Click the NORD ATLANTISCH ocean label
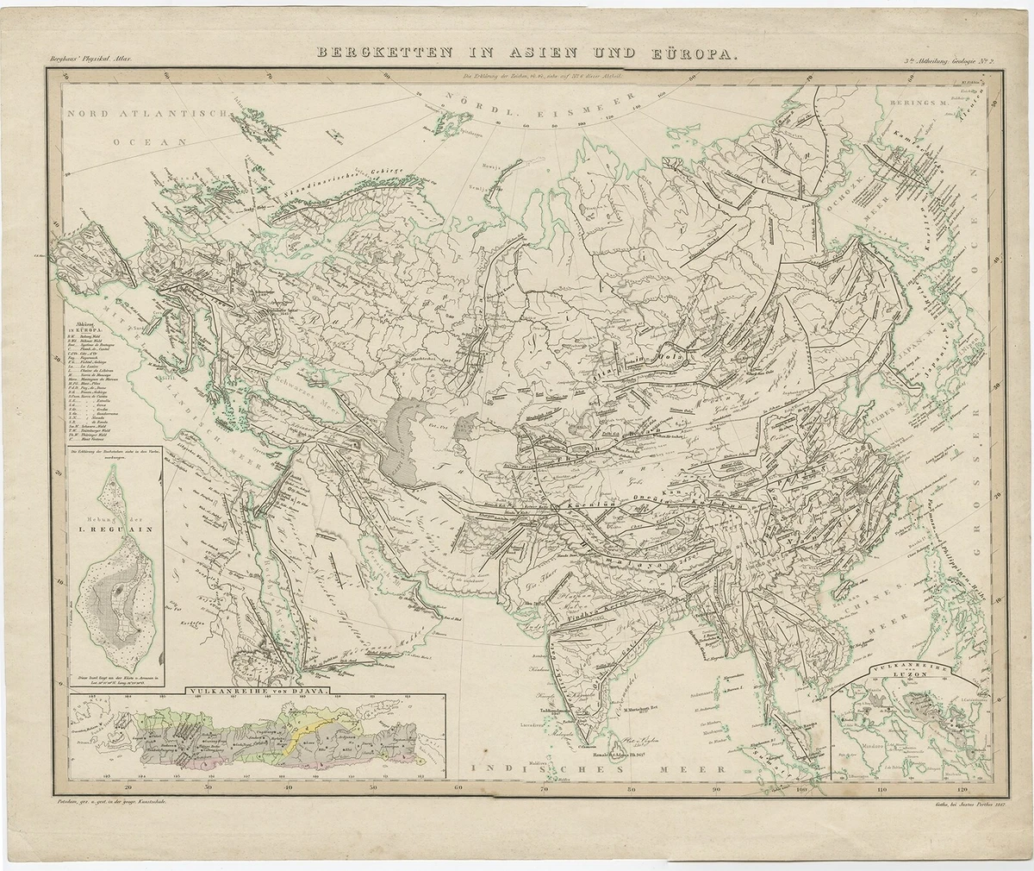coord(146,115)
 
